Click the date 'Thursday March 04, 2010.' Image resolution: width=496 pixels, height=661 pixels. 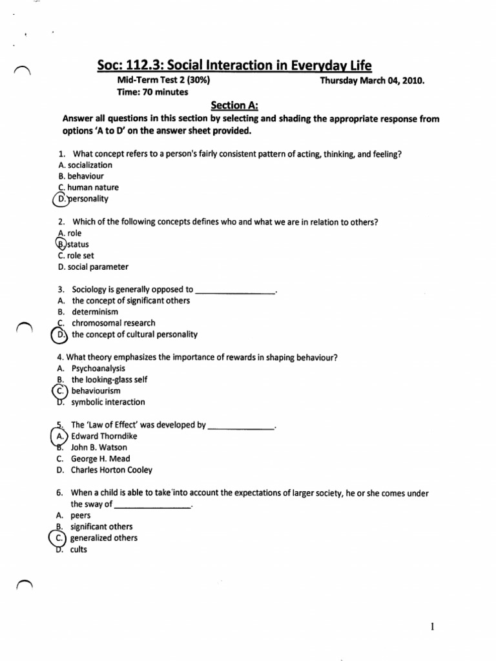[373, 81]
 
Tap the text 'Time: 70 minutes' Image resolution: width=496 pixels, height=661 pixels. [152, 92]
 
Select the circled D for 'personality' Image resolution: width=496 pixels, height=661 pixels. [61, 199]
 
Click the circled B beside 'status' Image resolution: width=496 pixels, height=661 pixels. [61, 244]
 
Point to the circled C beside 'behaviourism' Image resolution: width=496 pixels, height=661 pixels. [60, 391]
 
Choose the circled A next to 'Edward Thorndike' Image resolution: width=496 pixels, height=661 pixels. [60, 436]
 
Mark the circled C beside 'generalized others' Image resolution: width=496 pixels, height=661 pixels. [60, 538]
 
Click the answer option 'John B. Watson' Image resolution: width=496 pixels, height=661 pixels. [99, 447]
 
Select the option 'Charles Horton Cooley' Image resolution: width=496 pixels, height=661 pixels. [112, 470]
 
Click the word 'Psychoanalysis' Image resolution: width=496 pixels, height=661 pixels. [98, 368]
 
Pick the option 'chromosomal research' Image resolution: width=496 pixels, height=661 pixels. [113, 323]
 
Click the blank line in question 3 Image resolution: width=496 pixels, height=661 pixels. [234, 292]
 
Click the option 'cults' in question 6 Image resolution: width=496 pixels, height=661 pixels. [79, 549]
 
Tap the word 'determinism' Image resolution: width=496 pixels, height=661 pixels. [96, 312]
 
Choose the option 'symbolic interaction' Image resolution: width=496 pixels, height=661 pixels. [108, 402]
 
